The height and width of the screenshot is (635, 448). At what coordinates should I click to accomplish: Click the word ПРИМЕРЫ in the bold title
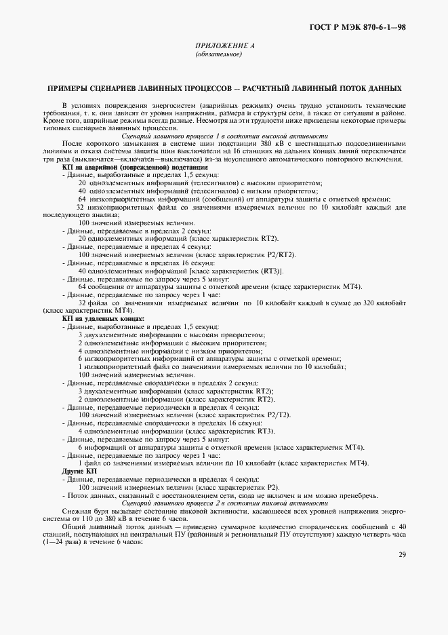coord(68,88)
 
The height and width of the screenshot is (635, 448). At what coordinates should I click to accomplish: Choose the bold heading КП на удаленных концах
coord(103,317)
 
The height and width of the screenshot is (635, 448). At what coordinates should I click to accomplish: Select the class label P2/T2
coord(278,414)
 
